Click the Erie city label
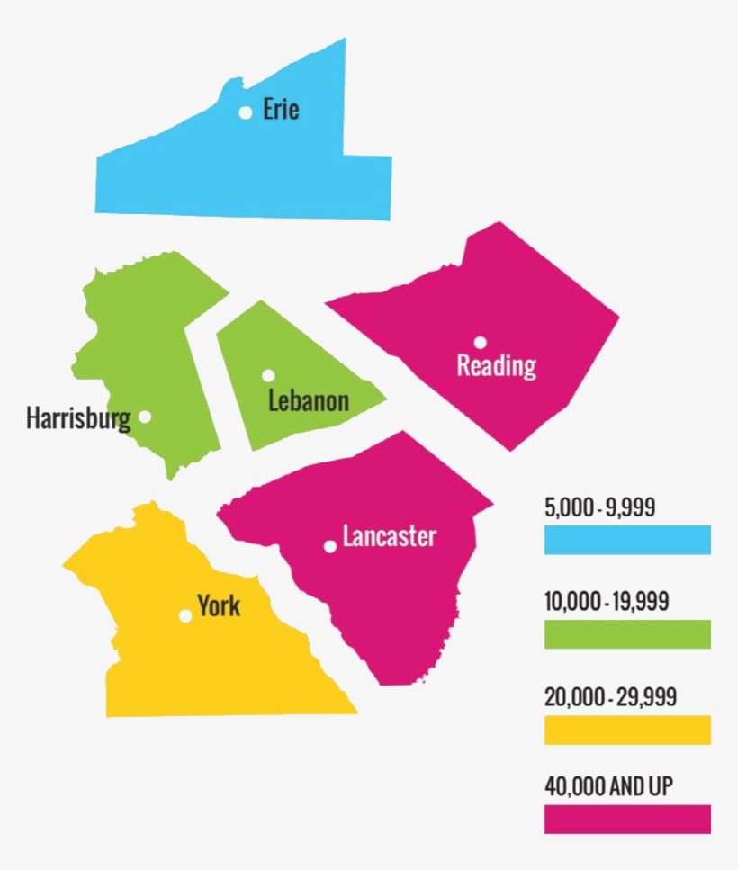[281, 110]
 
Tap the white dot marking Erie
[245, 112]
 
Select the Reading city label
[496, 366]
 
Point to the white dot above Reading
[481, 342]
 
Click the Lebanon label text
[309, 400]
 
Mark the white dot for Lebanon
[268, 375]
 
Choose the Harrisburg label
[78, 418]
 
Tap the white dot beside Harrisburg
[145, 417]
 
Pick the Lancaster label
[389, 537]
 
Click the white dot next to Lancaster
[330, 546]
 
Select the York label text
[219, 605]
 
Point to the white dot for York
[185, 615]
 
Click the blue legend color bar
[627, 540]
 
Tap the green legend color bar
[627, 634]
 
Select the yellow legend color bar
[627, 730]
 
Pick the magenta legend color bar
[627, 819]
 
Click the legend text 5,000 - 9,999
[599, 507]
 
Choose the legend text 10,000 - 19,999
[607, 602]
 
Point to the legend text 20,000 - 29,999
[610, 697]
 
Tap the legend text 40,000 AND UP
[608, 787]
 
